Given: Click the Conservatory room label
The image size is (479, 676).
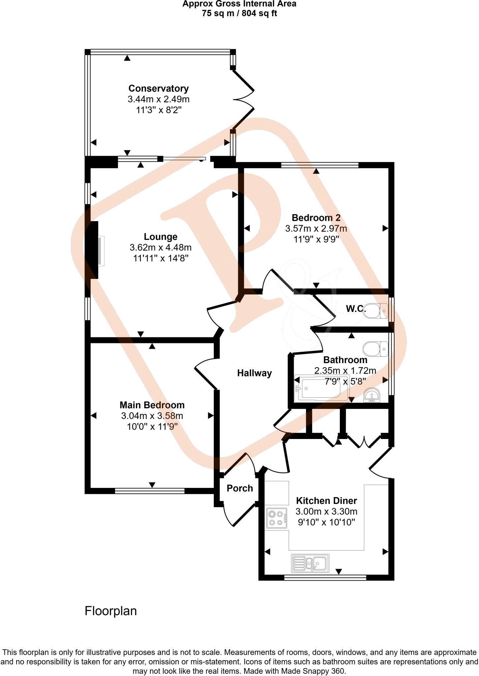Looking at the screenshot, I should pyautogui.click(x=158, y=88).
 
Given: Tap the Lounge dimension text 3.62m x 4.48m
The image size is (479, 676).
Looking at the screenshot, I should pyautogui.click(x=161, y=247).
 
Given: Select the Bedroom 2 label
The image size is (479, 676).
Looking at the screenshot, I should pyautogui.click(x=316, y=218).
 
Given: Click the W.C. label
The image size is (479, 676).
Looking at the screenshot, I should pyautogui.click(x=356, y=309).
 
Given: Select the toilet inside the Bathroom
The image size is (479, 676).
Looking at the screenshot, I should pyautogui.click(x=375, y=349).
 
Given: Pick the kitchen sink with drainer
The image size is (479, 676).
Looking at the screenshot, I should pyautogui.click(x=310, y=563).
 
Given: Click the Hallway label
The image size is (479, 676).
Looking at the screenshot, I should pyautogui.click(x=254, y=373).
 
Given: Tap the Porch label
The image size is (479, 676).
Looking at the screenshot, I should pyautogui.click(x=240, y=489).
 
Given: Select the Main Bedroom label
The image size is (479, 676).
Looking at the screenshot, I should pyautogui.click(x=152, y=405).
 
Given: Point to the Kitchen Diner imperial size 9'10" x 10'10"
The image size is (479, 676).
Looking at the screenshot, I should pyautogui.click(x=326, y=523).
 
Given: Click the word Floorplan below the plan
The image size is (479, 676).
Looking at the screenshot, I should pyautogui.click(x=111, y=611).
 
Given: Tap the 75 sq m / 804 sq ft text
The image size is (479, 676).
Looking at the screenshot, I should pyautogui.click(x=239, y=14).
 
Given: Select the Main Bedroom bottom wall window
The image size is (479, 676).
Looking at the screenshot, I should pyautogui.click(x=149, y=491).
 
